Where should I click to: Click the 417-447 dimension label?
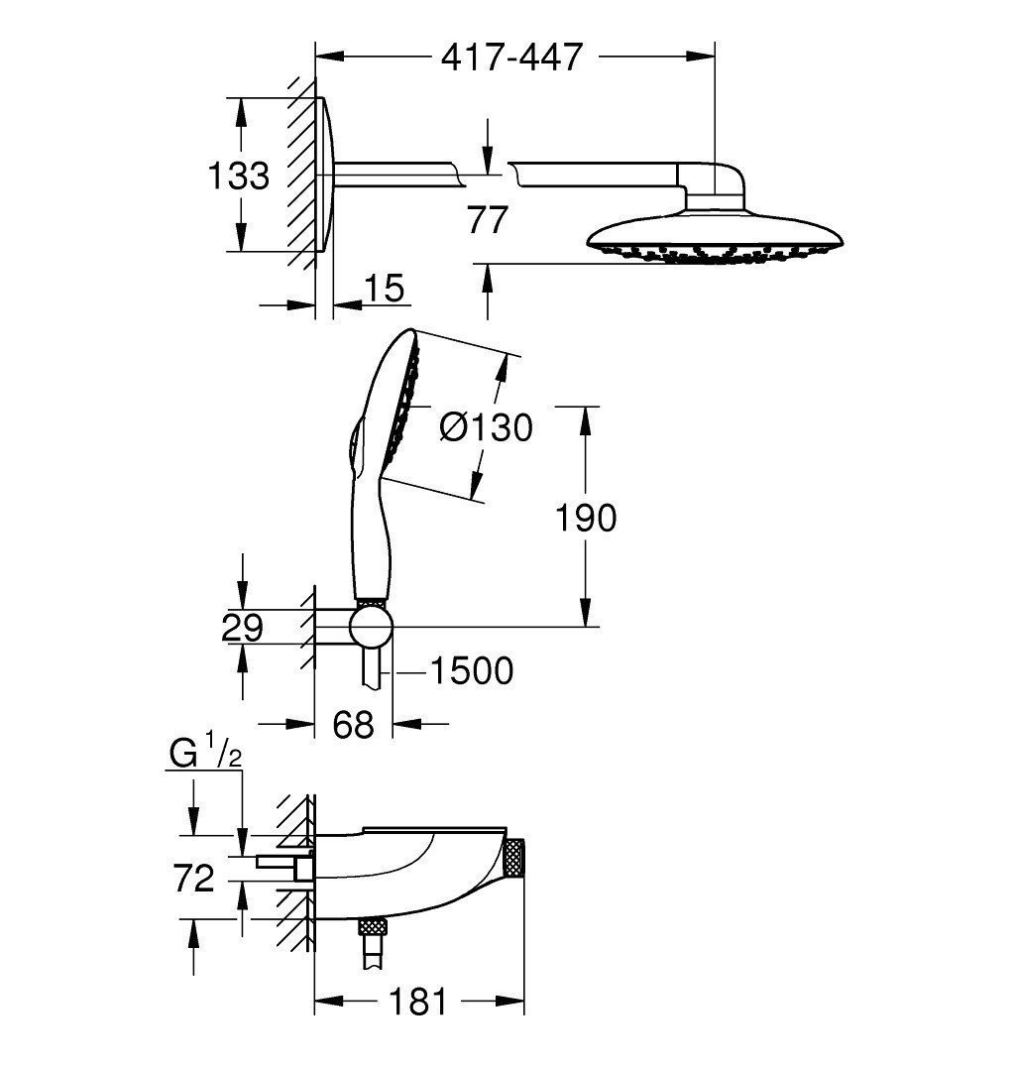pos(511,59)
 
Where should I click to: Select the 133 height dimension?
pos(238,176)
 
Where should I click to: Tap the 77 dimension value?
pos(487,219)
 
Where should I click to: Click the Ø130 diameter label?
pos(486,427)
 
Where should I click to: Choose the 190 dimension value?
pos(586,517)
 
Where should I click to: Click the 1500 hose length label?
pos(470,671)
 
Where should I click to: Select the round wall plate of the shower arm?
pos(326,176)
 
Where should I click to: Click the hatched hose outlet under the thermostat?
pos(373,928)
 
